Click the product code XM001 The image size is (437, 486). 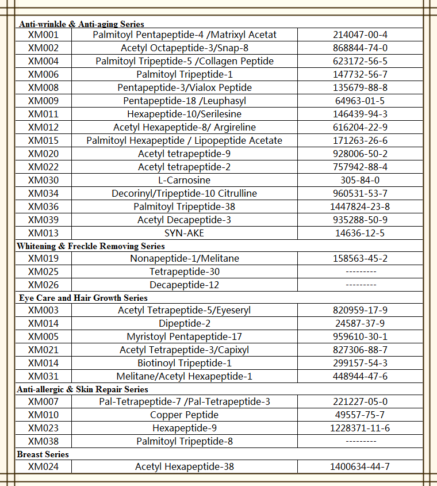click(x=43, y=35)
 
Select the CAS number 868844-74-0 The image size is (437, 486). click(x=360, y=48)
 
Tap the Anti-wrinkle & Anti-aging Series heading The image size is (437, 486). click(x=81, y=24)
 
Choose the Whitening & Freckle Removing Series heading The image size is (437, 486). click(x=91, y=246)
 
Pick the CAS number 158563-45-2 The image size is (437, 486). click(x=360, y=258)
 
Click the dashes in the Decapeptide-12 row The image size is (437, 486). click(x=360, y=285)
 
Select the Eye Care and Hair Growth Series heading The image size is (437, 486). click(x=83, y=298)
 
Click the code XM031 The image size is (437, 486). click(x=43, y=376)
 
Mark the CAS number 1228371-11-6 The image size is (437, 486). click(x=360, y=428)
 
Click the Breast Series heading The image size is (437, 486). click(x=43, y=454)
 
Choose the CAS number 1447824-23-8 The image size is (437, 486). click(x=360, y=206)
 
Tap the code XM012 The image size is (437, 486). click(x=43, y=127)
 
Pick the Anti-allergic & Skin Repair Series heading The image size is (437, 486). click(x=83, y=389)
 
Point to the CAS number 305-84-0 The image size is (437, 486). click(x=360, y=180)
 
